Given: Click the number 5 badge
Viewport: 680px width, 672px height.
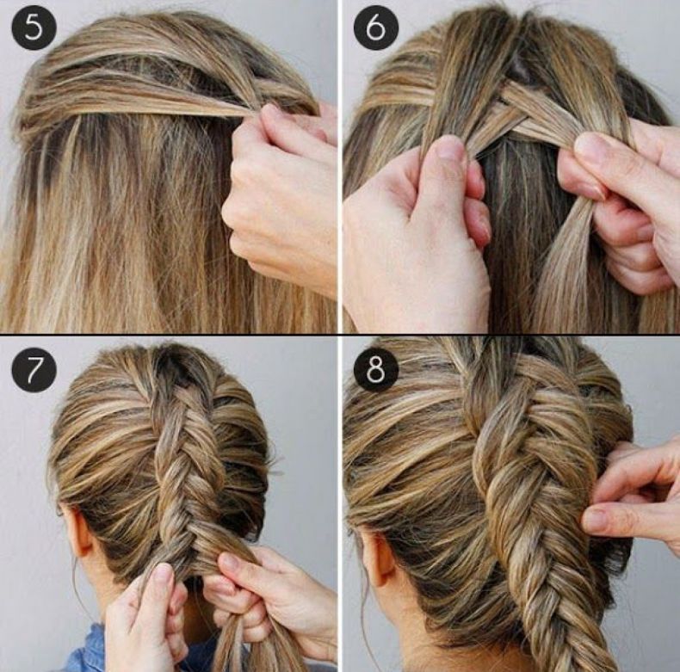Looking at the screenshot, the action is [x=34, y=28].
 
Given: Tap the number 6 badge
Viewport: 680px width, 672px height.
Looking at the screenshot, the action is [x=375, y=28].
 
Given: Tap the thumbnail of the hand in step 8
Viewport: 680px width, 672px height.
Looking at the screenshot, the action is [x=597, y=520].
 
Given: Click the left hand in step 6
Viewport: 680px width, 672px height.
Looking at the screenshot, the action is [x=417, y=234].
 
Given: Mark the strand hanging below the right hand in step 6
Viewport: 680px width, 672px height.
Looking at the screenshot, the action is [x=564, y=268].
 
